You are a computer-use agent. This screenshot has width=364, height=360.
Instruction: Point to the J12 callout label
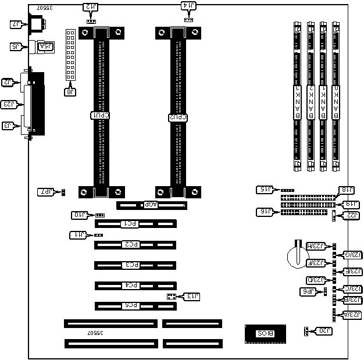click(91, 8)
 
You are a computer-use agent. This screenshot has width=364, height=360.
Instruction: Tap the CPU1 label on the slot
click(102, 116)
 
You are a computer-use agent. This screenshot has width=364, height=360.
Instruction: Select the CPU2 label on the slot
click(177, 117)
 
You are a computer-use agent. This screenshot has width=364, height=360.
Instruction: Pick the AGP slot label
click(150, 205)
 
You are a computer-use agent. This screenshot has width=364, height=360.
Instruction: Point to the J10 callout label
click(80, 215)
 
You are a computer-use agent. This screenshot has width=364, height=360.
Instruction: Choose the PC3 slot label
click(133, 265)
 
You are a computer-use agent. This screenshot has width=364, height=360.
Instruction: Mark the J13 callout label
click(191, 297)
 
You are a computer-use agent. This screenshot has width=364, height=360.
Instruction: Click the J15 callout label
click(265, 189)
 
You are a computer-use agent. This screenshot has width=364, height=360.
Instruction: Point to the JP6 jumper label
click(307, 291)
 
